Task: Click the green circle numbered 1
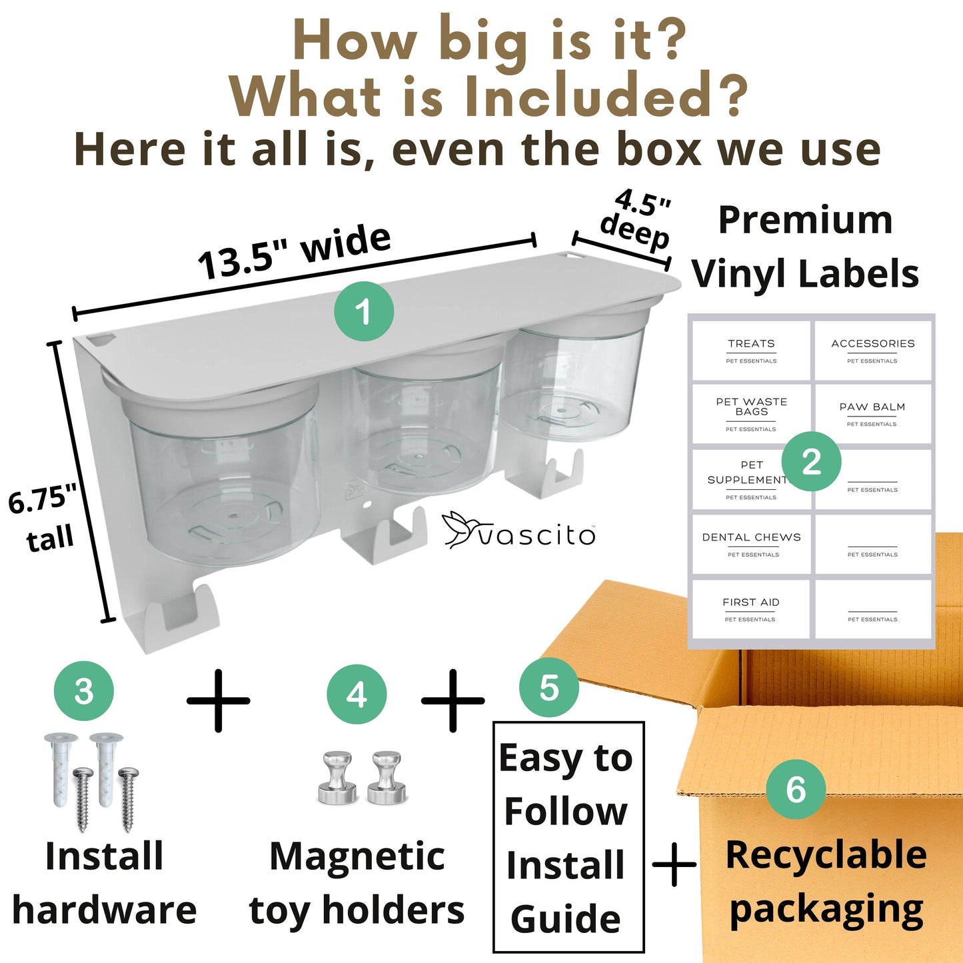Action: pos(364,311)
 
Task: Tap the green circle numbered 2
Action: pos(811,461)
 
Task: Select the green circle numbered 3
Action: pos(84,690)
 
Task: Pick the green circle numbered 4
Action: pos(357,694)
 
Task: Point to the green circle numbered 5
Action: pos(549,688)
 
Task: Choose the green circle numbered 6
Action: pos(796,789)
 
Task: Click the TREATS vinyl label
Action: pos(751,351)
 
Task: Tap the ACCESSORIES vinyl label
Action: pos(873,351)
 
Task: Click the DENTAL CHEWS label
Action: pos(751,544)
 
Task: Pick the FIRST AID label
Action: pos(751,609)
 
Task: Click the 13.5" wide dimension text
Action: pos(295,253)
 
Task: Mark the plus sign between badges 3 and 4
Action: pos(219,700)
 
